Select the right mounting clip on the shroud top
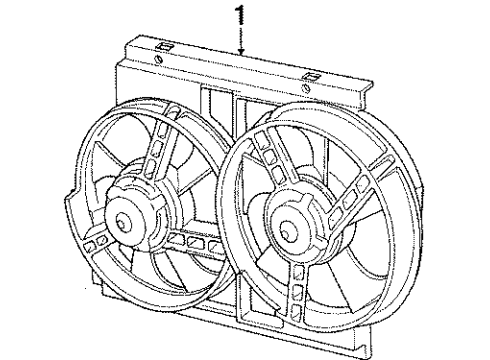313,76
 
